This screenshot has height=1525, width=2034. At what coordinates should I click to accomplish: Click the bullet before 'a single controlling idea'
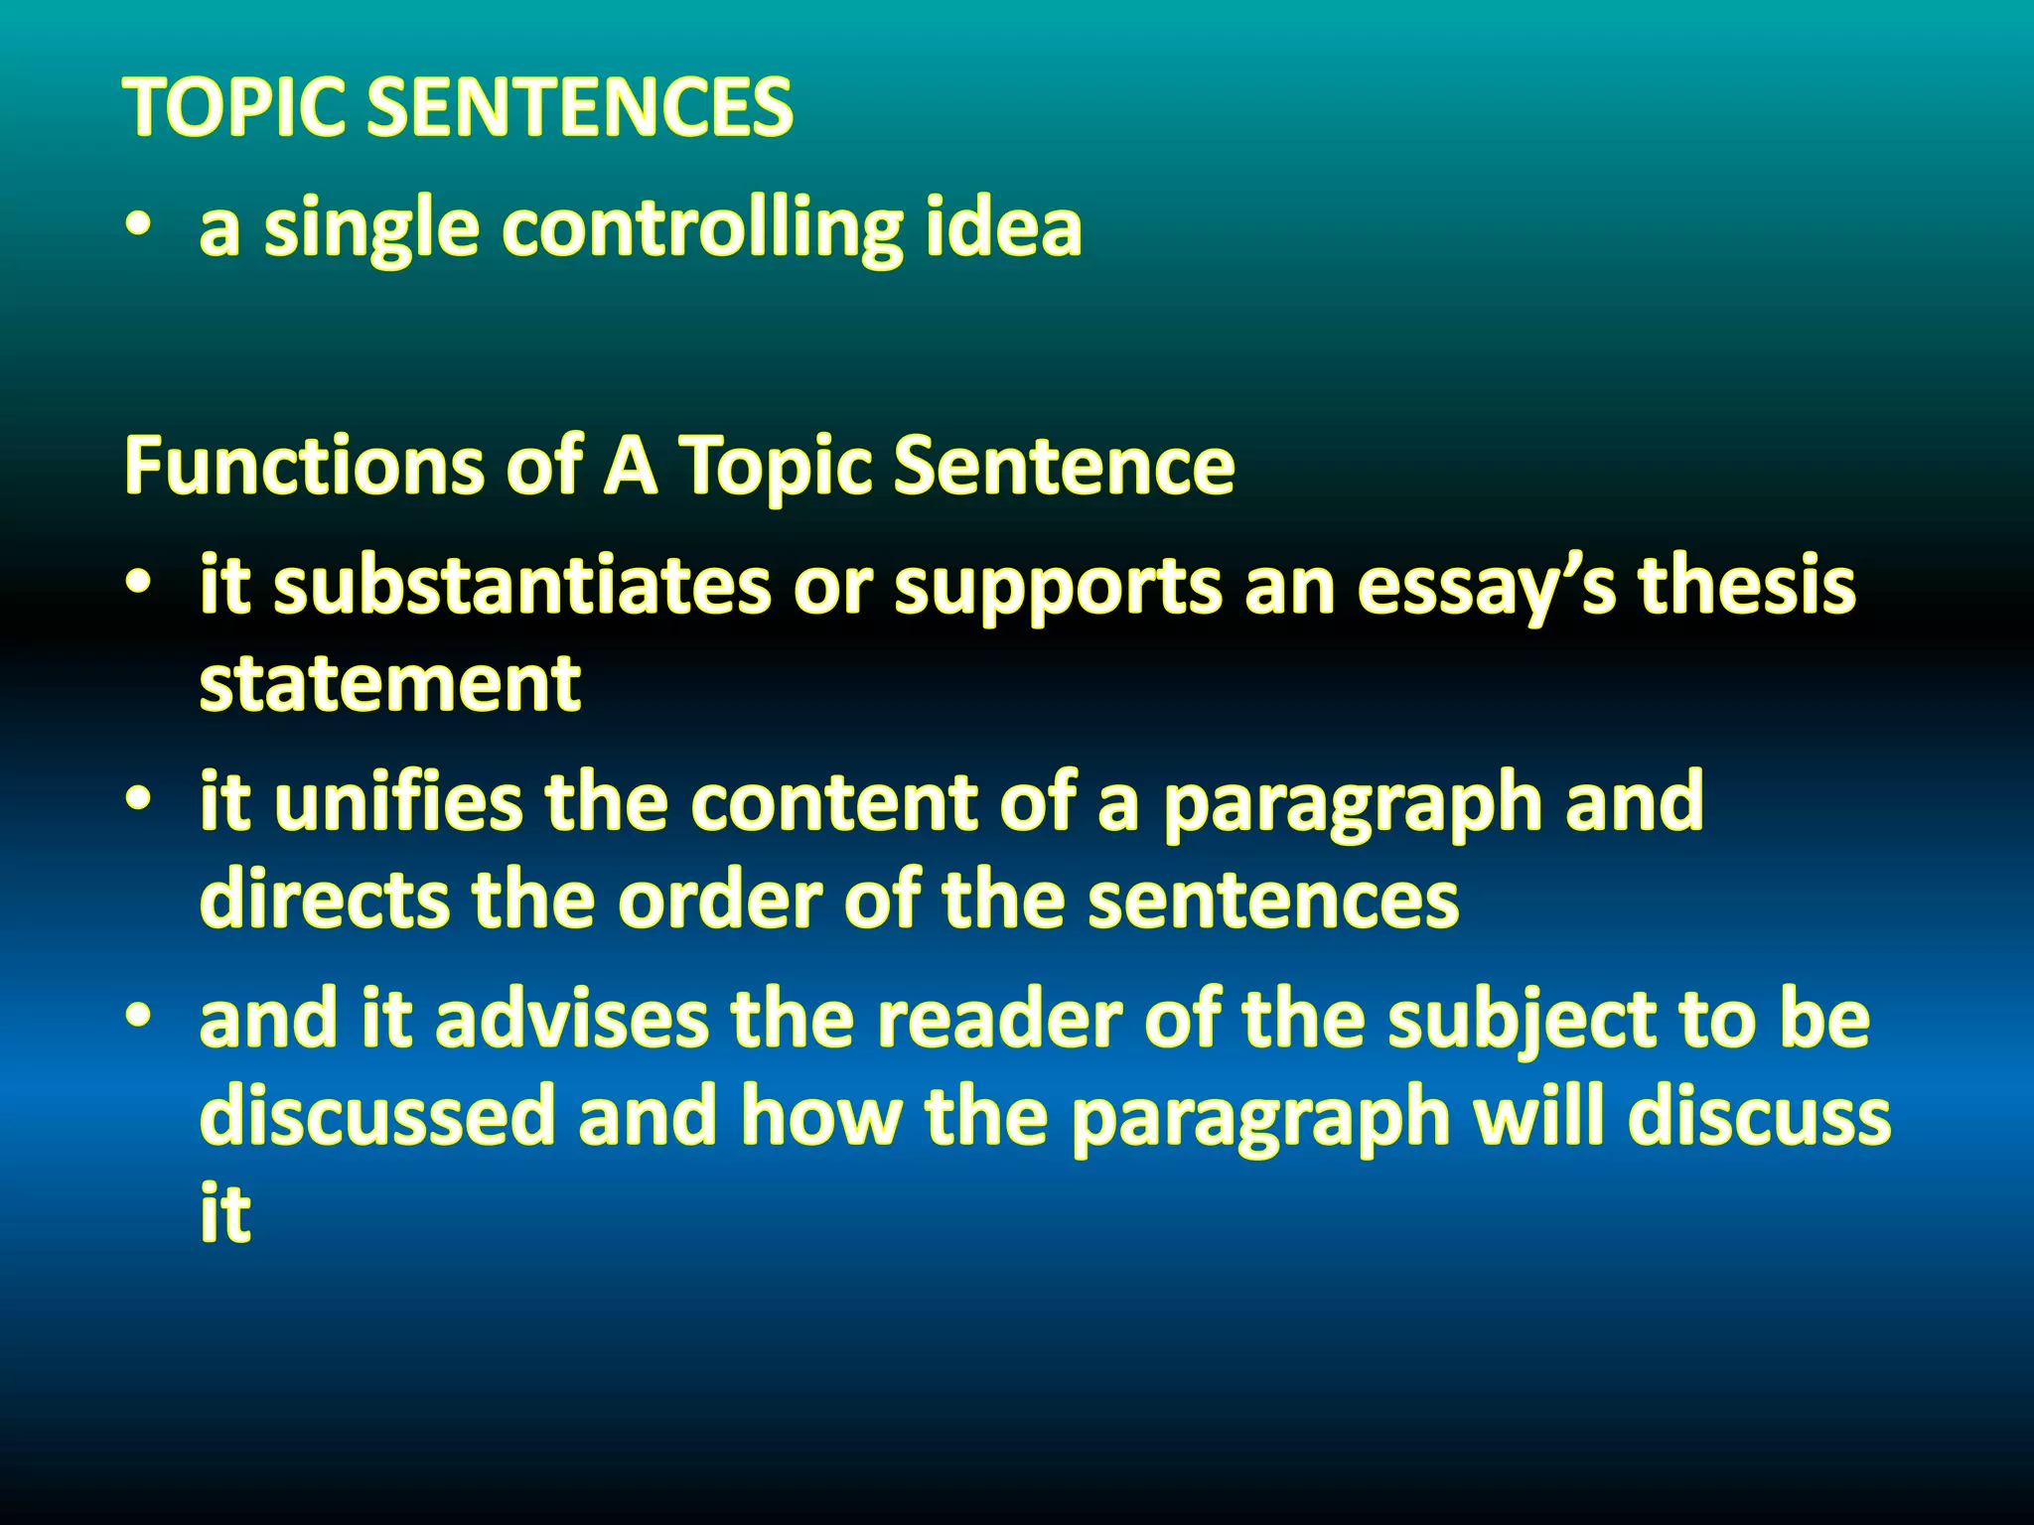(x=139, y=229)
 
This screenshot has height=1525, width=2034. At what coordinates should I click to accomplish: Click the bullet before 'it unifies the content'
(x=139, y=800)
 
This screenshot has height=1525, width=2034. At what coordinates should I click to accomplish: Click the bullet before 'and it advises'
(x=139, y=1018)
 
